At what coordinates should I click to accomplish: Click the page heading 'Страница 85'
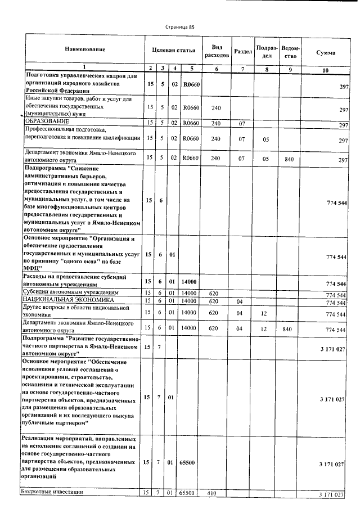click(180, 26)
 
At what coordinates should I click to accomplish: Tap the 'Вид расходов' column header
click(217, 51)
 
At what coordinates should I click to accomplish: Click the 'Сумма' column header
click(326, 52)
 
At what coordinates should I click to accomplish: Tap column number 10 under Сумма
click(326, 70)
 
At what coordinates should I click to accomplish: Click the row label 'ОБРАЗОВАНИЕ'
click(47, 121)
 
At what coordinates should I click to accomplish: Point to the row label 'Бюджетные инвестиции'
click(52, 492)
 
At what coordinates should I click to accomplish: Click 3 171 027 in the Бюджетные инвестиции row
click(331, 495)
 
